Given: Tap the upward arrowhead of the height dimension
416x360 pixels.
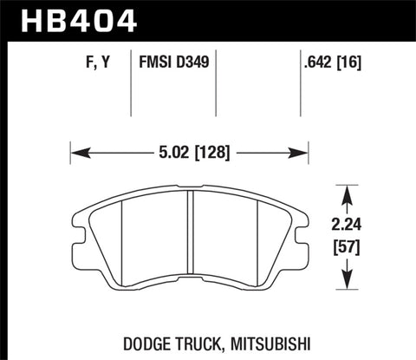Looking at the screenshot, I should [347, 188].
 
